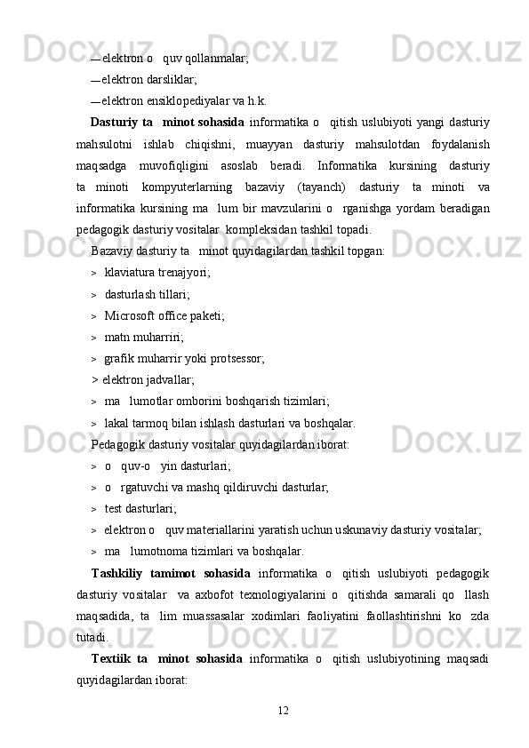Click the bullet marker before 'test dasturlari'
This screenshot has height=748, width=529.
point(93,509)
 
